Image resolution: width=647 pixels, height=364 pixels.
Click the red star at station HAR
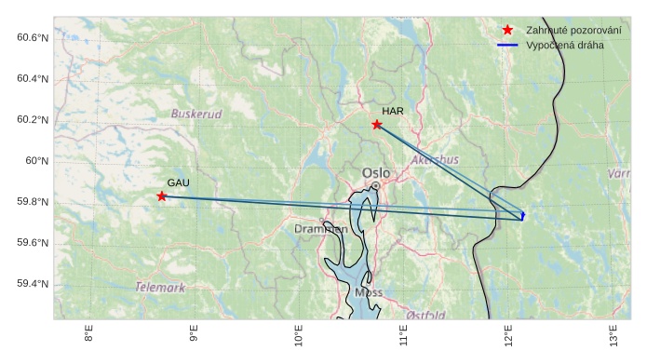click(x=377, y=125)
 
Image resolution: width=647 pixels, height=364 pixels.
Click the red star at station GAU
click(x=162, y=196)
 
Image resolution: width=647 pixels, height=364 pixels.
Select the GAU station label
click(x=178, y=182)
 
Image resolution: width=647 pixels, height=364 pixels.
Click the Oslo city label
click(x=376, y=173)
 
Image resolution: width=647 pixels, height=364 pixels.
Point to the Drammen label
click(x=321, y=229)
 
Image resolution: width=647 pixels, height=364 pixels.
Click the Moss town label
click(x=369, y=292)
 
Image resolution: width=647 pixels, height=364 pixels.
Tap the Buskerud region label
click(x=196, y=115)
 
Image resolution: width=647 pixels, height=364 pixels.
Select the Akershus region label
click(x=435, y=160)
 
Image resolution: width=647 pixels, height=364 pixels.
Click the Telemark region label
click(x=160, y=288)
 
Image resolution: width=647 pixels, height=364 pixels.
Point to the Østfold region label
click(x=426, y=316)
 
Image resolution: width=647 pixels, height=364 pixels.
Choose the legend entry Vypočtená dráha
click(x=564, y=45)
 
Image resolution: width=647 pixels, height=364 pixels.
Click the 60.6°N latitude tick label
click(x=33, y=37)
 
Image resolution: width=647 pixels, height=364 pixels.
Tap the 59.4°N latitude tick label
click(x=33, y=284)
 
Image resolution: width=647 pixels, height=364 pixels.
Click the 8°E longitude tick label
click(x=89, y=334)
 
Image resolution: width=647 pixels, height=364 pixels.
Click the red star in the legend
click(x=507, y=30)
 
